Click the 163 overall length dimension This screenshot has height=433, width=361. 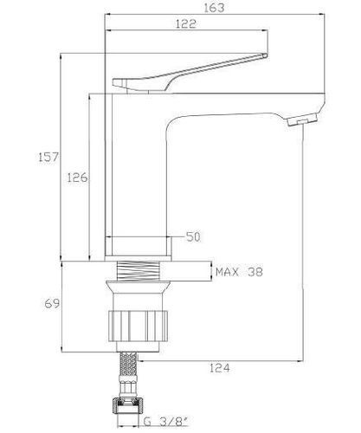coord(214,8)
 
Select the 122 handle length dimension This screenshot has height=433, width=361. coord(186,23)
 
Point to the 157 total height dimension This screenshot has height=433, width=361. coord(48,157)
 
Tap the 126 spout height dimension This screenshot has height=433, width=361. coord(77,178)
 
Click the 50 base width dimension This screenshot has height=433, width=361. coord(193,236)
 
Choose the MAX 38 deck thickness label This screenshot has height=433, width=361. coord(239,272)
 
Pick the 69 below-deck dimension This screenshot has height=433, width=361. coord(52,303)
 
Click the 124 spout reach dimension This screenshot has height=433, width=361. coord(220,368)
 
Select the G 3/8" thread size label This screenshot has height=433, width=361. coord(166,422)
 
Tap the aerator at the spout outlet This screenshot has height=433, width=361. coord(302,120)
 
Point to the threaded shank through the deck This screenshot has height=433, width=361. coord(139,270)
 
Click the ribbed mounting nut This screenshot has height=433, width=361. coord(138,326)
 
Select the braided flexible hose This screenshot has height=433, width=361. coord(129,365)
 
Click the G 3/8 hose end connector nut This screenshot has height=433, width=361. coord(128,406)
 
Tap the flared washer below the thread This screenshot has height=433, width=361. coord(138,287)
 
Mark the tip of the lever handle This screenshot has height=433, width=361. coord(267,55)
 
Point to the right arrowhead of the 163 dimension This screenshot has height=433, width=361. coord(323,14)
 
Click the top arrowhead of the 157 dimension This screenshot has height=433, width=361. coord(61,56)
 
